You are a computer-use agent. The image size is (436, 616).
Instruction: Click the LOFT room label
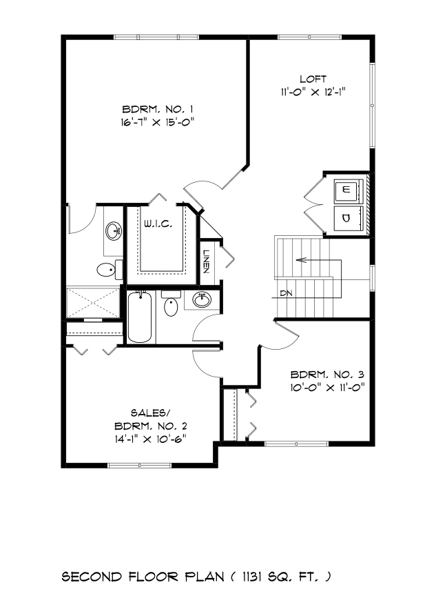313,79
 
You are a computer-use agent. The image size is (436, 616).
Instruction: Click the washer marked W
346,189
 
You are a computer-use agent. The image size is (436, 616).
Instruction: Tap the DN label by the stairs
287,293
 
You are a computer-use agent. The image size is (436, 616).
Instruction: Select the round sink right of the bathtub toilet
201,300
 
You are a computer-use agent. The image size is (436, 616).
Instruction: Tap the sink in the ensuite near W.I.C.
113,230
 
